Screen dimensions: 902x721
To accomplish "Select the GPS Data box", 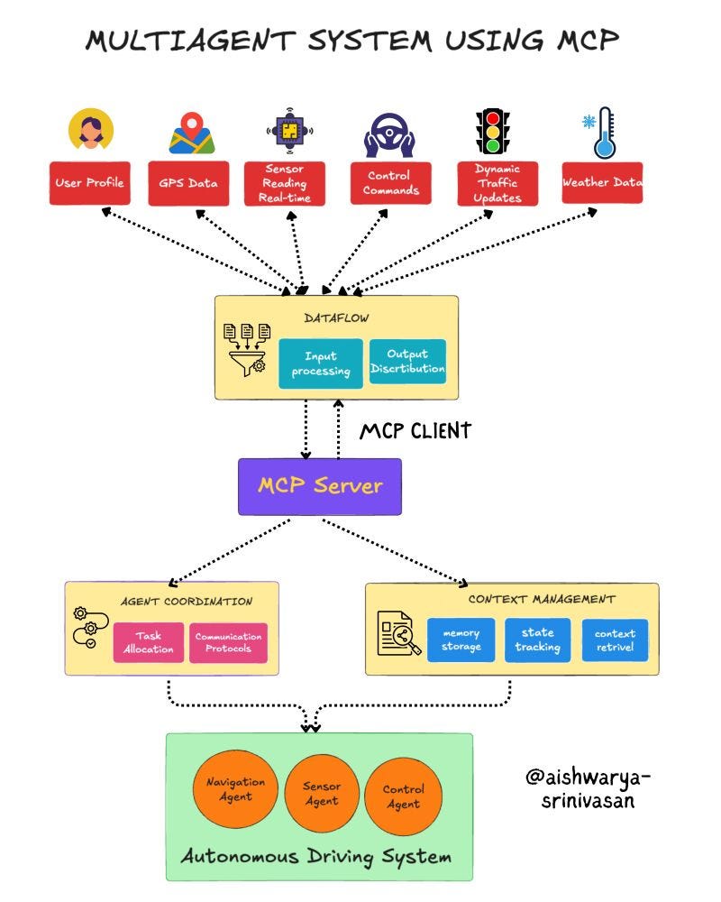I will coord(188,183).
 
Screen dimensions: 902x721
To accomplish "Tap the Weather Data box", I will coord(602,183).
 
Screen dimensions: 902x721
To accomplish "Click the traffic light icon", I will coord(493,132).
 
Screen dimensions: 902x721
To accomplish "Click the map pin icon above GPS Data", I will coord(191,133).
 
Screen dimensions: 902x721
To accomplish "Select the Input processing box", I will coord(320,364).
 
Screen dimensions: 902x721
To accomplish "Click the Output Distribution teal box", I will coord(408,362).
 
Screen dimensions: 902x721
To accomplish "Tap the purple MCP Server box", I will coord(319,486).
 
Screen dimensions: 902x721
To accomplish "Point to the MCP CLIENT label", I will coord(415,431).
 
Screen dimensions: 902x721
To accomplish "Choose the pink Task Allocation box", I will coord(148,642).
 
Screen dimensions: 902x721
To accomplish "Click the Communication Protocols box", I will coord(228,642).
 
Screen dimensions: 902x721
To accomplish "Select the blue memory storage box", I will coord(461,640).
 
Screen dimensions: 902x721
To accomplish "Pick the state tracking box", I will coord(538,640).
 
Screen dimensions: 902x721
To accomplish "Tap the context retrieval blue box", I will coord(615,640).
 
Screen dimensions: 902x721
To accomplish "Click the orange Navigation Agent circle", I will coord(235,789).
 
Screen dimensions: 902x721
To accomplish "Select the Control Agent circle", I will coord(403,796).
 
